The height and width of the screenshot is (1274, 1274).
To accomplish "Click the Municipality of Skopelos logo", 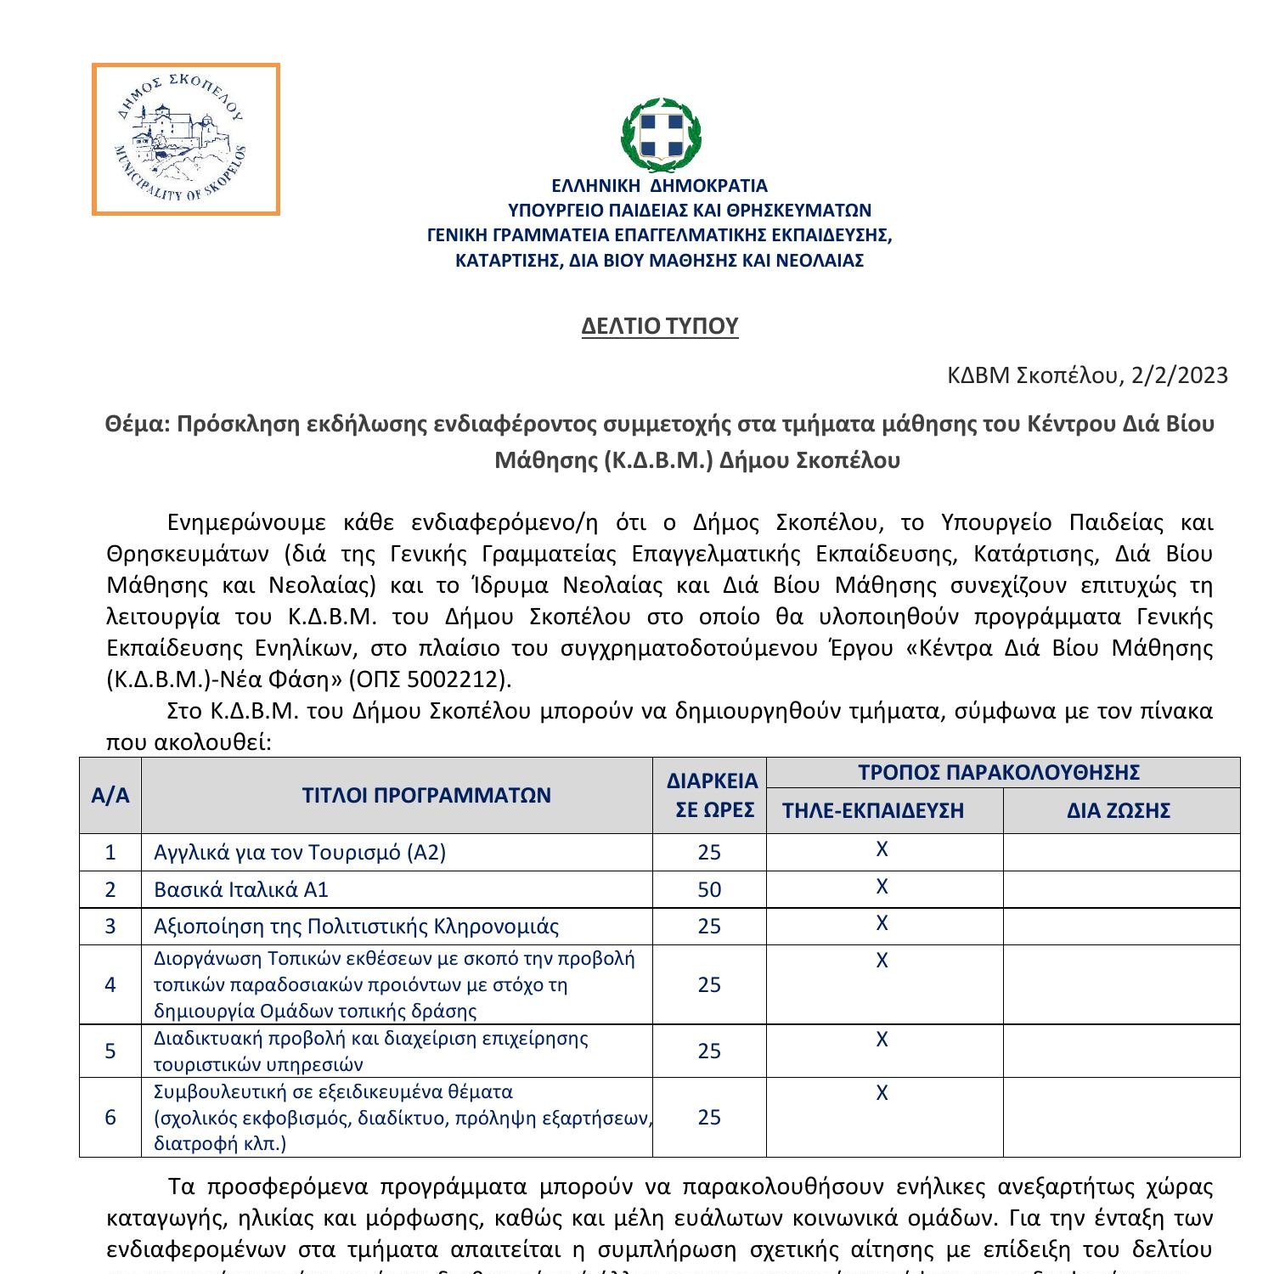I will tap(185, 138).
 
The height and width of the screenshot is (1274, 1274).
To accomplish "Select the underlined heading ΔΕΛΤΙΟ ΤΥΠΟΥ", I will tap(660, 326).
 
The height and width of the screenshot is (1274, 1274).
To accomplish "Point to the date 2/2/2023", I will tap(1179, 375).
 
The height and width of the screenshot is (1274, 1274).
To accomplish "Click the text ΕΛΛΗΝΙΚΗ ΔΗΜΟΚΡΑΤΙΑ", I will tap(659, 186).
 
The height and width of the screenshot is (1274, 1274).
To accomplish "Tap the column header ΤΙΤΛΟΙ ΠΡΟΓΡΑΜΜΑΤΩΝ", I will tap(426, 796).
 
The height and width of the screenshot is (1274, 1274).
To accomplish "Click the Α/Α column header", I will tap(110, 796).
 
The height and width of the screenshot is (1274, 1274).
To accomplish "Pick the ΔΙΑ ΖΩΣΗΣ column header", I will tap(1119, 811).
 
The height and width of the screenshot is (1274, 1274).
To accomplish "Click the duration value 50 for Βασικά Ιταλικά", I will tap(709, 890).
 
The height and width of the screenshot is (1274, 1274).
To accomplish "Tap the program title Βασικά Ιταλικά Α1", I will tap(240, 890).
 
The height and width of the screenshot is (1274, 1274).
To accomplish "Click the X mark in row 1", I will tap(882, 849).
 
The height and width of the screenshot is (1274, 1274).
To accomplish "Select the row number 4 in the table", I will tap(110, 985).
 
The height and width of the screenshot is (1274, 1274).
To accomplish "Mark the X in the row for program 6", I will tap(882, 1093).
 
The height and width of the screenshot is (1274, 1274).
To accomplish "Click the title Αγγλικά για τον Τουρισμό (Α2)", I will tap(299, 853).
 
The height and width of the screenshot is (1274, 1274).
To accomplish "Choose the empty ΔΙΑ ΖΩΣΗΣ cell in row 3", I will tap(1121, 927).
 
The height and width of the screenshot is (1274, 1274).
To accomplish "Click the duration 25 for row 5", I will tap(709, 1051).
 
